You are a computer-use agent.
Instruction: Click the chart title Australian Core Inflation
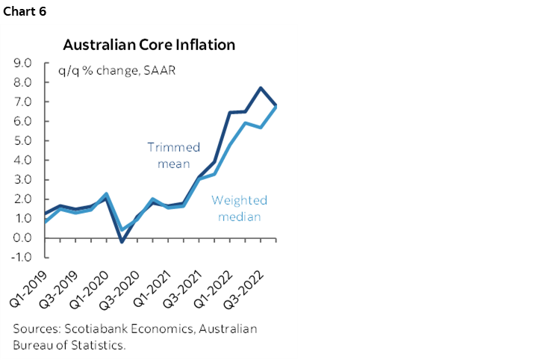(x=149, y=45)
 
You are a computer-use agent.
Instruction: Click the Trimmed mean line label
(x=174, y=155)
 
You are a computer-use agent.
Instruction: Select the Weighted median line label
(x=239, y=208)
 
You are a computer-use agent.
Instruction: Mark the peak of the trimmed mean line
(x=261, y=88)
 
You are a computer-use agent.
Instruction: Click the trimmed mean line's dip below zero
(x=122, y=241)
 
